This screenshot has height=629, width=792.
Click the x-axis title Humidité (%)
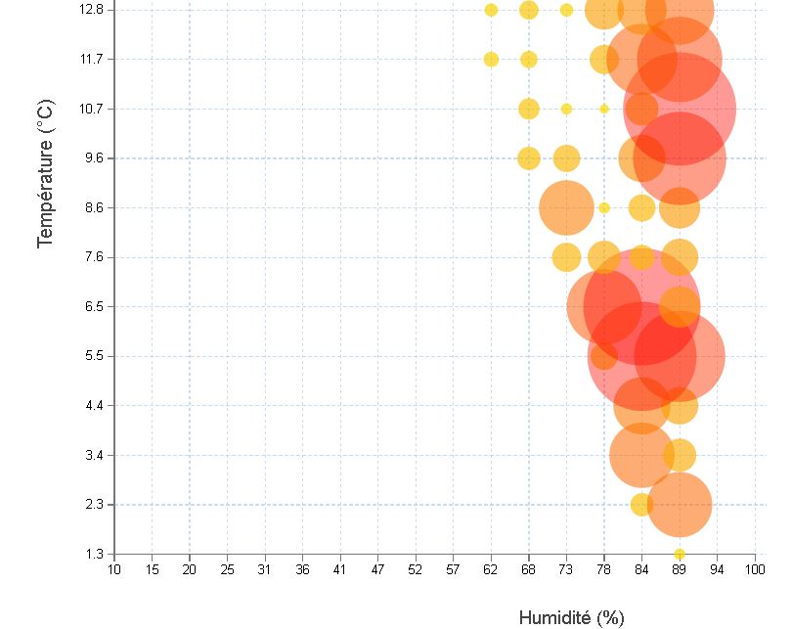point(570,617)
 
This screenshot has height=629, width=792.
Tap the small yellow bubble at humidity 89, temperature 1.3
point(680,554)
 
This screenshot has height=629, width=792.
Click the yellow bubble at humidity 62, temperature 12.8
point(491,10)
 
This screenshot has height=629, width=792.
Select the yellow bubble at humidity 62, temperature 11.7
point(491,59)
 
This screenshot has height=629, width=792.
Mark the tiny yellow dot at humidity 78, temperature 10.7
point(604,109)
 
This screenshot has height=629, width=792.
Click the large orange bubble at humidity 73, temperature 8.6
point(566,207)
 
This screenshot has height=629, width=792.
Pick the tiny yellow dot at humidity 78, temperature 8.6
point(604,207)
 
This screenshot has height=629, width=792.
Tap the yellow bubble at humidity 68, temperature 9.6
point(529,157)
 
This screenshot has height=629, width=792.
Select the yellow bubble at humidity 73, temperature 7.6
point(566,257)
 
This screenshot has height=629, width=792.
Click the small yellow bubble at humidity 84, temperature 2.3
point(641,505)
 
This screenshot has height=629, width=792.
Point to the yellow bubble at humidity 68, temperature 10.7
point(529,109)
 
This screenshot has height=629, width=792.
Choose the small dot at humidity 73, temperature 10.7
point(566,109)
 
